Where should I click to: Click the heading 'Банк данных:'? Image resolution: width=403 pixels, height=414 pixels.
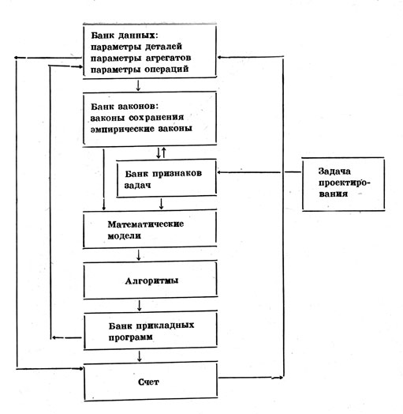click(x=125, y=36)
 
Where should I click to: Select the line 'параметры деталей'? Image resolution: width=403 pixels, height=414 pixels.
click(x=136, y=47)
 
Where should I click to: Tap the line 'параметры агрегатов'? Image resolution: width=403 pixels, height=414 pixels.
click(x=140, y=58)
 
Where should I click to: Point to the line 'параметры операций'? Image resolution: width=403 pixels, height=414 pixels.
click(x=140, y=70)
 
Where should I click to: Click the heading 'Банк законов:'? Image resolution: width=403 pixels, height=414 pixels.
click(x=125, y=107)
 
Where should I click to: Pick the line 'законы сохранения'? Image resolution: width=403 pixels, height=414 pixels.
click(x=137, y=118)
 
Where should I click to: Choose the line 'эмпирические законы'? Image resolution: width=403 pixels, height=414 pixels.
click(x=141, y=129)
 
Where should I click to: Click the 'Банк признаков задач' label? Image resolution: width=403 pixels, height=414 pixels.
click(x=163, y=179)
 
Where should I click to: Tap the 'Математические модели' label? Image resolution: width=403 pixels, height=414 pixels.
click(x=145, y=230)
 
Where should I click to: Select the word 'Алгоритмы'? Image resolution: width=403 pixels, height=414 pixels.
click(x=151, y=280)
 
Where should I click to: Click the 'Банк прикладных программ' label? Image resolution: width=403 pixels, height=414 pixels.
click(x=151, y=331)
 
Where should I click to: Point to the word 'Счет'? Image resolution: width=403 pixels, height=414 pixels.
click(x=148, y=382)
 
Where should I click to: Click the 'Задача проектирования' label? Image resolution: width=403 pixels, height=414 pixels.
click(x=342, y=183)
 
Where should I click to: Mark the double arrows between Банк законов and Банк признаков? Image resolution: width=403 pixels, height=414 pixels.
click(x=161, y=152)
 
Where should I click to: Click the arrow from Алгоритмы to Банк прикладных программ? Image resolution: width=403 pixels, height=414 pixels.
click(x=140, y=305)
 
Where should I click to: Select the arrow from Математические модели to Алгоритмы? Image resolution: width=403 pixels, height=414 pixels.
click(x=139, y=254)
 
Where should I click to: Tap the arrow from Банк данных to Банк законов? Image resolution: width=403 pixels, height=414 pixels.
click(x=138, y=85)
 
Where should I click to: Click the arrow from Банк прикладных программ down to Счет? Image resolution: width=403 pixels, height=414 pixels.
click(x=140, y=356)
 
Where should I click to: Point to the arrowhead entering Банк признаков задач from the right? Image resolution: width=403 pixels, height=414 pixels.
click(x=219, y=172)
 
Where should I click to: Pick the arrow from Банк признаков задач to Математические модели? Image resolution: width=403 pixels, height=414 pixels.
click(x=162, y=204)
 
